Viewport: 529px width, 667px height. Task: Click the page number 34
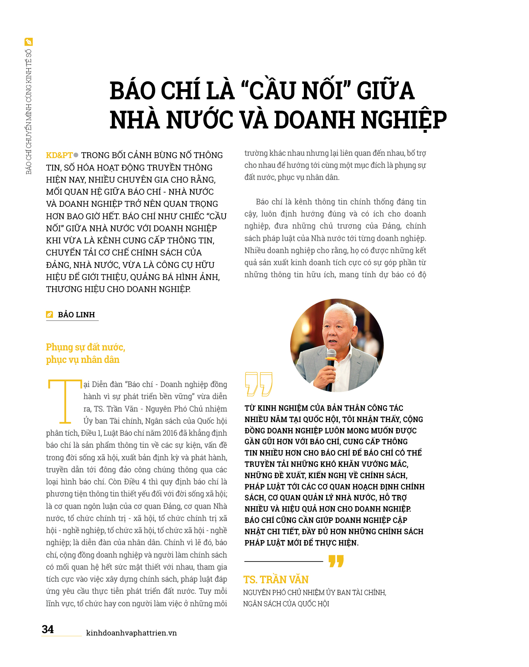pyautogui.click(x=48, y=629)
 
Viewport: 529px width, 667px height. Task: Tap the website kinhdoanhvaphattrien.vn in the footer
pyautogui.click(x=131, y=633)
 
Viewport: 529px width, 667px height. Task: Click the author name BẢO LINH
pyautogui.click(x=76, y=315)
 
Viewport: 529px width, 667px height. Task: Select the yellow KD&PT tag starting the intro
pyautogui.click(x=59, y=155)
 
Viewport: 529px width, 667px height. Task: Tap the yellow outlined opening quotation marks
pyautogui.click(x=258, y=384)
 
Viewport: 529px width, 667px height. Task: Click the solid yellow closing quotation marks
pyautogui.click(x=336, y=561)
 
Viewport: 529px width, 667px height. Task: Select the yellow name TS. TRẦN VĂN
pyautogui.click(x=276, y=579)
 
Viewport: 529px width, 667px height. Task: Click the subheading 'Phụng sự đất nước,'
pyautogui.click(x=85, y=347)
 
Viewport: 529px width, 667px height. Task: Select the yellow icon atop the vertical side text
pyautogui.click(x=28, y=42)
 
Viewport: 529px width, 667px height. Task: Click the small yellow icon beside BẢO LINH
pyautogui.click(x=49, y=315)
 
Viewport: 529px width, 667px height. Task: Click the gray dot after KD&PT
pyautogui.click(x=76, y=155)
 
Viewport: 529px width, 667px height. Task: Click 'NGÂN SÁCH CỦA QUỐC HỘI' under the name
pyautogui.click(x=286, y=604)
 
